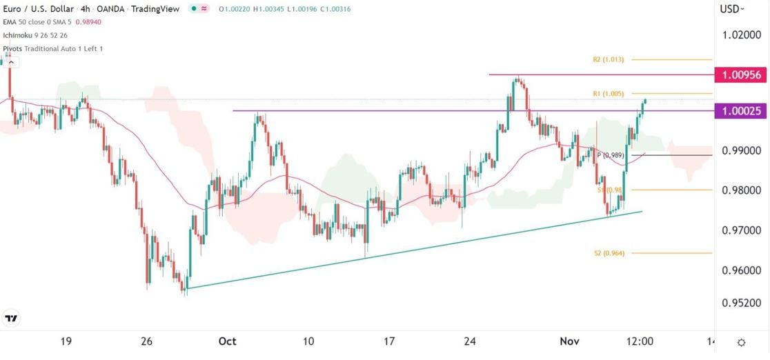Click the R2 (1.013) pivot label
(608, 60)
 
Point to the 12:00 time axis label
(640, 341)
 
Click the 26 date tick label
(146, 341)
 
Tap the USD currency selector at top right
(732, 9)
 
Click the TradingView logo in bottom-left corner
(11, 319)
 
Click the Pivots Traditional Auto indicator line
(52, 49)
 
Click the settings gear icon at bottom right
(741, 343)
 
